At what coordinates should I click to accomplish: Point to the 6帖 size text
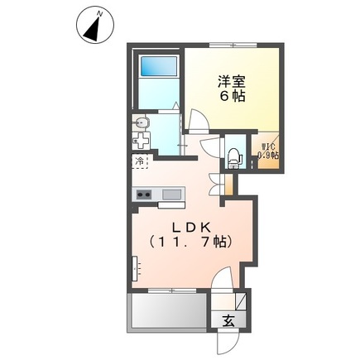tap(233, 97)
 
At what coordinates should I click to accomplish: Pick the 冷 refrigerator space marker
tap(141, 161)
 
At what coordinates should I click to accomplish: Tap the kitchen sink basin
tap(171, 194)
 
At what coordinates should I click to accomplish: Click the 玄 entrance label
tap(227, 319)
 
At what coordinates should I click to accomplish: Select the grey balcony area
tap(165, 313)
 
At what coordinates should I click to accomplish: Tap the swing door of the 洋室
tap(199, 122)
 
